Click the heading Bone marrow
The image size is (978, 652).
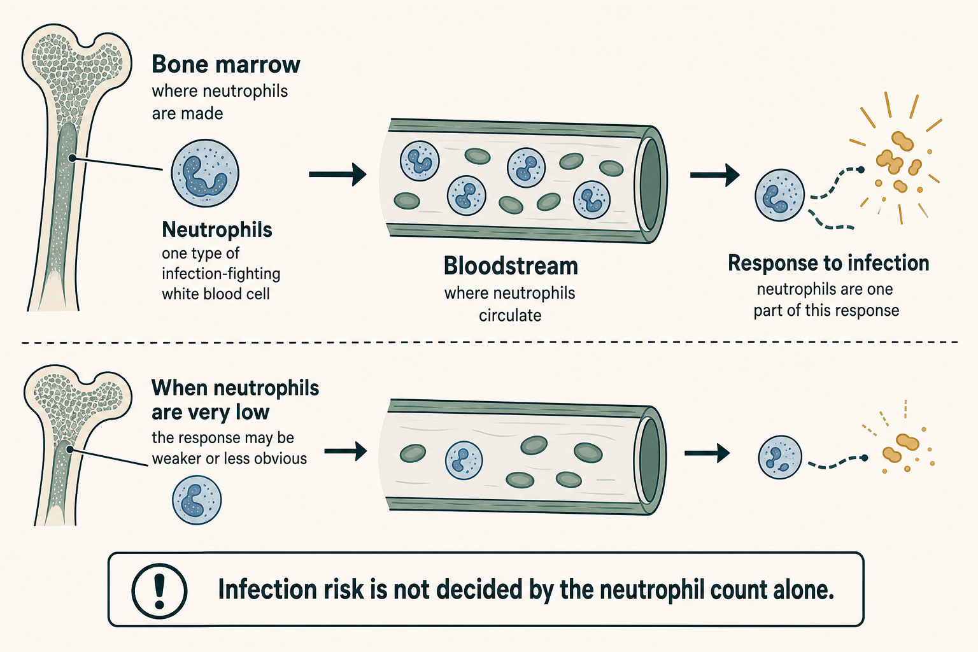click(x=226, y=65)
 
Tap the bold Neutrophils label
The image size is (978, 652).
click(x=217, y=230)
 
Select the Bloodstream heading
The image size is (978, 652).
click(x=511, y=266)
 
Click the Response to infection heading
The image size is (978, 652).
click(x=828, y=264)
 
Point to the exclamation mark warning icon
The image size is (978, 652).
click(x=159, y=591)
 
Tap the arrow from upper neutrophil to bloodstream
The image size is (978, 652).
click(x=337, y=174)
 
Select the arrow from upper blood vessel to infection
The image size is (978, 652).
click(x=715, y=175)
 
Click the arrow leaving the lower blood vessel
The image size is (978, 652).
click(x=707, y=453)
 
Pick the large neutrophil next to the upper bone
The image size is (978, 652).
click(x=205, y=173)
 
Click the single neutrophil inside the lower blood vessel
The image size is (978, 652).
click(x=464, y=460)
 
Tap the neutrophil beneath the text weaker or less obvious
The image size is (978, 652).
click(x=197, y=500)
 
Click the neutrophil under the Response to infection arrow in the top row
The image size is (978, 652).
click(x=780, y=195)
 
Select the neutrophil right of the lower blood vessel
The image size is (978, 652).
click(x=780, y=457)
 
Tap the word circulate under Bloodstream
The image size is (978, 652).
click(x=510, y=315)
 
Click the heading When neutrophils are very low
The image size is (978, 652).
click(x=236, y=400)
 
